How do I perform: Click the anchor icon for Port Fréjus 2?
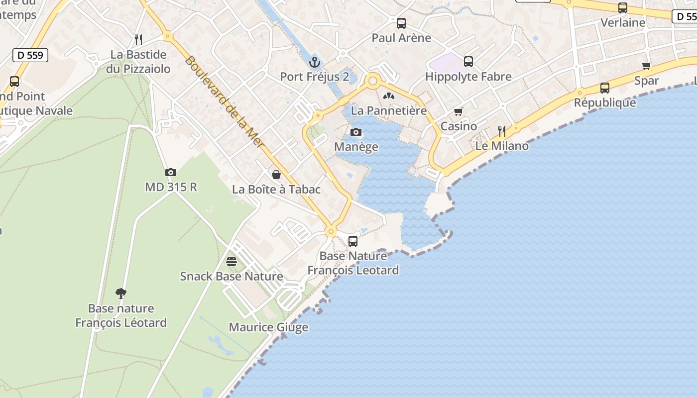pos(314,62)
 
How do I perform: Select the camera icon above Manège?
pos(356,132)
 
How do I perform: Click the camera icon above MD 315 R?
pos(171,172)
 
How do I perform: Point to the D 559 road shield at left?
pos(30,55)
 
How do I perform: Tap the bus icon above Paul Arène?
pos(401,23)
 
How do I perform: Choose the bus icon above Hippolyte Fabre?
pos(468,62)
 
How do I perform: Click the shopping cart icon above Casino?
pos(459,111)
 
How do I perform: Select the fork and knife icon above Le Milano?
pos(502,131)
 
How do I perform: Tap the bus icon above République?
pos(605,88)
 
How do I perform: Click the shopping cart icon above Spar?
pos(647,66)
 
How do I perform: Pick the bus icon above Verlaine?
pos(623,8)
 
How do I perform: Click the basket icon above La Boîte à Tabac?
pos(276,175)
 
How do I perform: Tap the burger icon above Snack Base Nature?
pos(232,261)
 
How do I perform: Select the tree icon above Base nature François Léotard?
pos(121,293)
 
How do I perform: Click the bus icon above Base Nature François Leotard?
pos(353,241)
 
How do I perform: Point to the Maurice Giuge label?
pos(268,327)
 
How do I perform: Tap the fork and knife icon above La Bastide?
pos(138,39)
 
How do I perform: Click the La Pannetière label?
pos(389,110)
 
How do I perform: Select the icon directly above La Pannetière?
pos(389,96)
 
